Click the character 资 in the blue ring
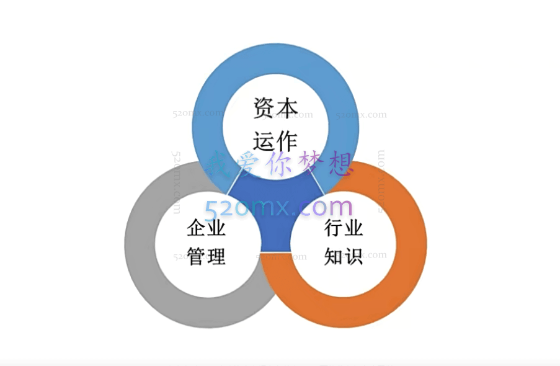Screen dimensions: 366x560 click(x=263, y=109)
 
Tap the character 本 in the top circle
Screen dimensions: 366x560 click(x=288, y=109)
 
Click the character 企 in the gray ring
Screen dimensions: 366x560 click(x=197, y=229)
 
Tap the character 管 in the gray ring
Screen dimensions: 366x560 click(x=197, y=256)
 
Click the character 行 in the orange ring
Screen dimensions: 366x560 click(x=333, y=229)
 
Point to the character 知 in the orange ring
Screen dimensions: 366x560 click(x=333, y=256)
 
